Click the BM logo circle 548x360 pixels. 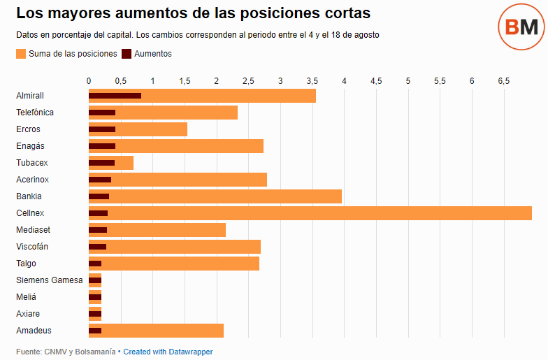[x=521, y=27]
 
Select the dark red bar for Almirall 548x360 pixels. [x=115, y=96]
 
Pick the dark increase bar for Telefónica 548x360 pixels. [x=102, y=113]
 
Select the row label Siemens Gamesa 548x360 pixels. [x=49, y=280]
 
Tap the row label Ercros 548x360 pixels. [x=28, y=129]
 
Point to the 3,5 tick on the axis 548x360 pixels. [x=312, y=81]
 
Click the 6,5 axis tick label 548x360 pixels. [x=503, y=81]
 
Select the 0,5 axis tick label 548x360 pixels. [x=120, y=81]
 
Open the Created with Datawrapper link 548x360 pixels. [x=168, y=352]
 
